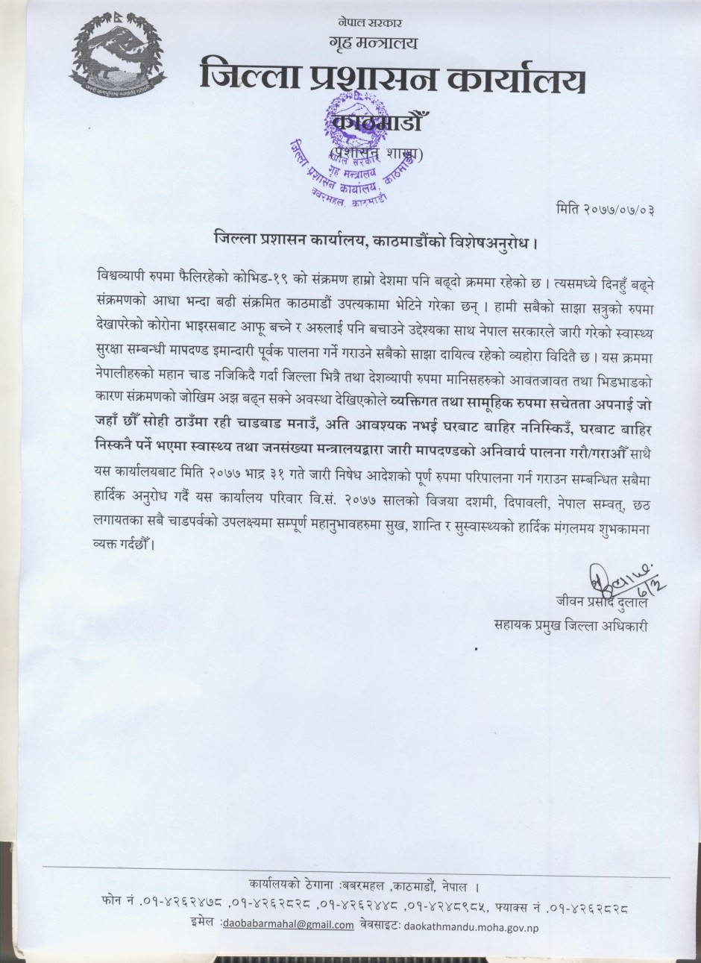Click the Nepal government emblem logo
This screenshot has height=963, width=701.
118,57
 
